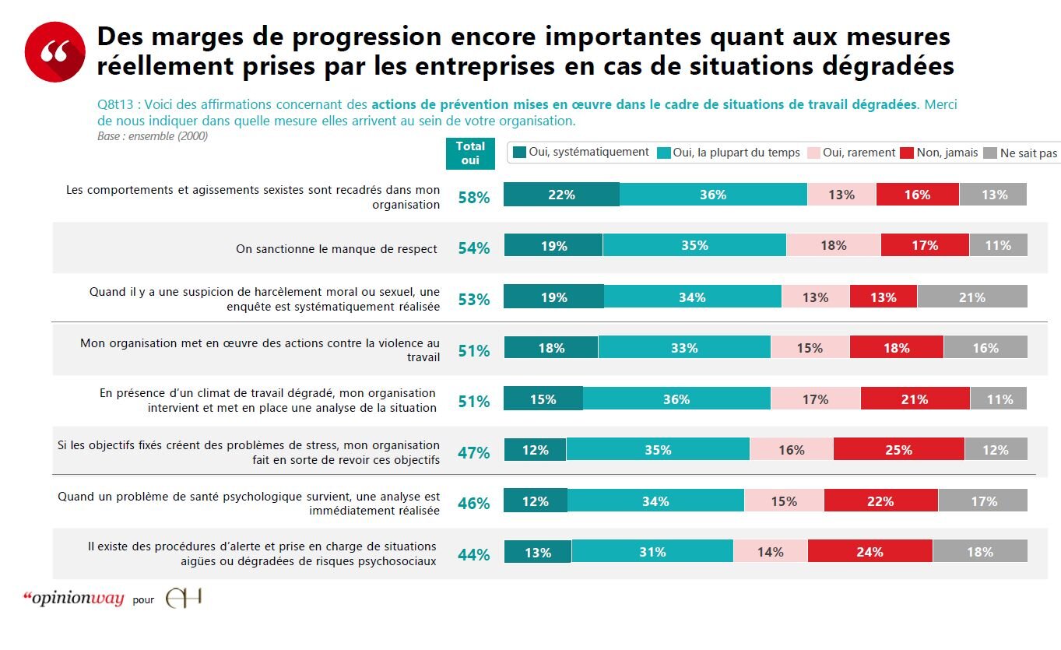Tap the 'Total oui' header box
coord(470,153)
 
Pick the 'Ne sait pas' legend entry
coord(1021,153)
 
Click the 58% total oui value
coord(473,198)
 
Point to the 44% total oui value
coord(473,555)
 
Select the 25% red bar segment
coord(898,450)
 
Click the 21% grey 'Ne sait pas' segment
coord(971,297)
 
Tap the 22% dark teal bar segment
coord(561,195)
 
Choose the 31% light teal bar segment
coord(652,552)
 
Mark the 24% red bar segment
coord(870,552)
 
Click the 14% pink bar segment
coord(770,552)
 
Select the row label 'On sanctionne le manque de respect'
coord(336,249)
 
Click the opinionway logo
coord(74,599)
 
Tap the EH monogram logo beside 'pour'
coord(184,599)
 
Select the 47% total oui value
coord(473,453)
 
